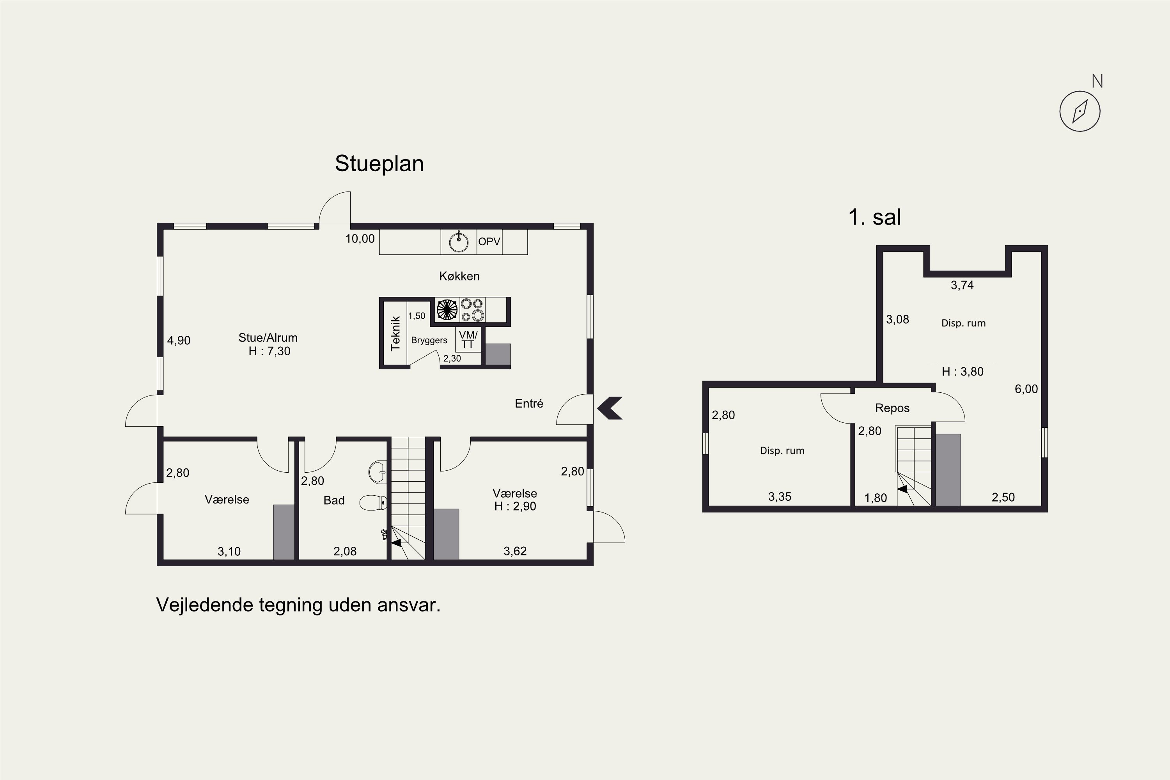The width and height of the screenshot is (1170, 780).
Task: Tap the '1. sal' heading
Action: (874, 217)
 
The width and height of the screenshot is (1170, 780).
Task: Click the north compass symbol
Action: (1080, 111)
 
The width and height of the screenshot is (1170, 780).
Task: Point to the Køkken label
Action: (459, 276)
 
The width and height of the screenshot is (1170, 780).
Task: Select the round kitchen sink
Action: (459, 242)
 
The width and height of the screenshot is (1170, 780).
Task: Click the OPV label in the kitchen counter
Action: (489, 242)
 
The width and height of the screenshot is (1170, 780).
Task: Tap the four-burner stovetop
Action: (472, 309)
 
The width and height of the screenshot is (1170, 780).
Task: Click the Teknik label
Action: (395, 333)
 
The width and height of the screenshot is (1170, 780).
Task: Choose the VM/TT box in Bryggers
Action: (468, 339)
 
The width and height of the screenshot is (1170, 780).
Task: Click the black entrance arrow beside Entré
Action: (610, 408)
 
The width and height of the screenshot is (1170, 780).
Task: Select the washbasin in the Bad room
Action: (378, 472)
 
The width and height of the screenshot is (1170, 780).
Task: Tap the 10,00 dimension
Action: (360, 239)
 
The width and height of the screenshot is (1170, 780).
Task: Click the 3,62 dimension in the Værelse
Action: (515, 551)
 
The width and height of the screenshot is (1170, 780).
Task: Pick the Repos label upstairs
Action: (892, 408)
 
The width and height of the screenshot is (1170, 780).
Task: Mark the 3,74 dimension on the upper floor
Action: (962, 285)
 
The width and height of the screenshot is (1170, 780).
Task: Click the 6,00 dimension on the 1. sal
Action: (1026, 389)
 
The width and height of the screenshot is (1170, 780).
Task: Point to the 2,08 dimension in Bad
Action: (345, 551)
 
